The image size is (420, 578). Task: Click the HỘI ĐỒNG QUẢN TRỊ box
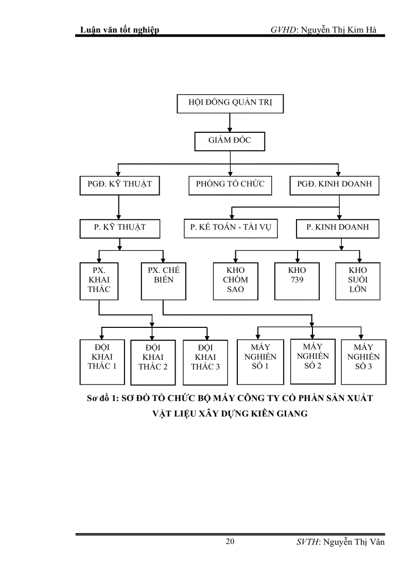230,103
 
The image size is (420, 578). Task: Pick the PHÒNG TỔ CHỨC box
230,184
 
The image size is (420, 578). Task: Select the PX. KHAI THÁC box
99,281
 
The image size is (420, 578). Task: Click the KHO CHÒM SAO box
236,281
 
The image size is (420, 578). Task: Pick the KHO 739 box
297,281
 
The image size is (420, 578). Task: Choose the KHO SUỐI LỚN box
358,281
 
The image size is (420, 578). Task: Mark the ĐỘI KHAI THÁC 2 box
153,362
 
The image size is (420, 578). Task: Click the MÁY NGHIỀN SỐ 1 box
260,361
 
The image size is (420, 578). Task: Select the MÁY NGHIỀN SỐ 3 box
363,361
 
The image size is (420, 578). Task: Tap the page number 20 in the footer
230,541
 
